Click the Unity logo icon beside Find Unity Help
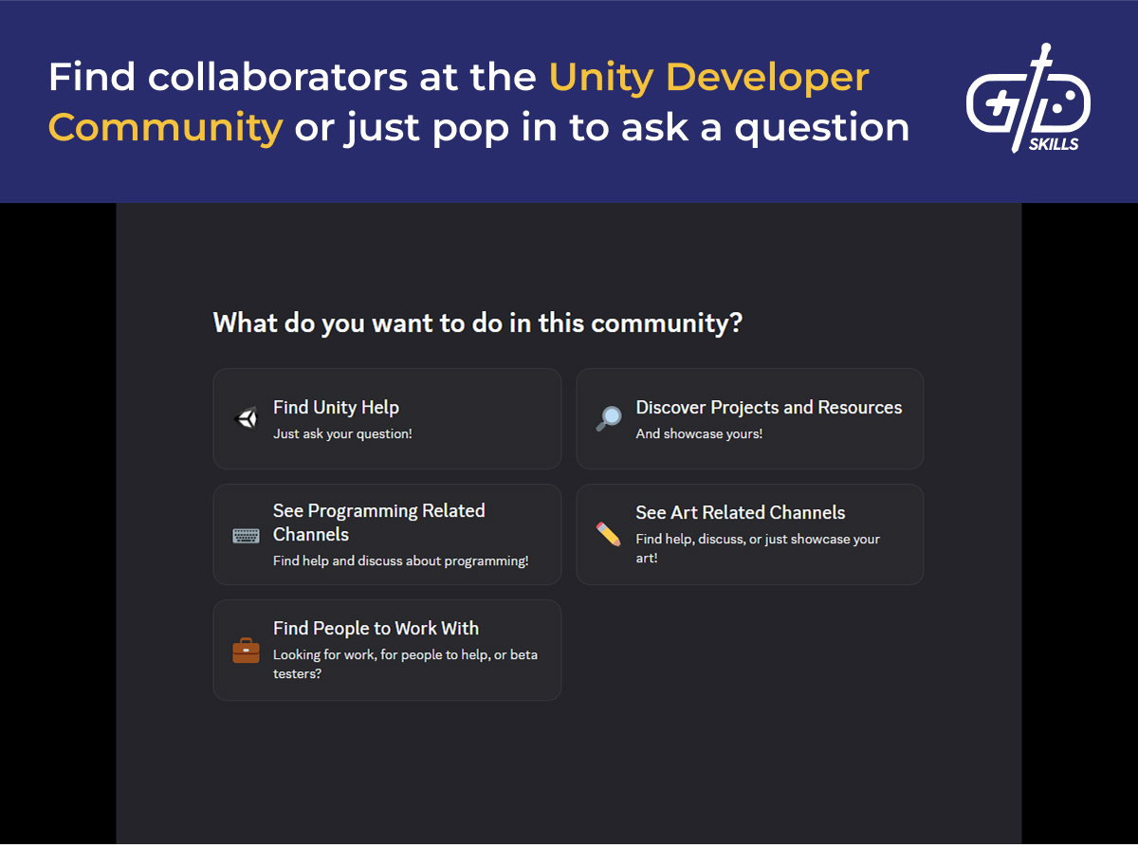click(x=247, y=418)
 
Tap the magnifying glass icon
click(x=609, y=418)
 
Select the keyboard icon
click(x=247, y=535)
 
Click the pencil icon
click(x=609, y=534)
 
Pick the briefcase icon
click(x=247, y=651)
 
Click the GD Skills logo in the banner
click(x=1028, y=100)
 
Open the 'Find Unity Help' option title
click(x=336, y=408)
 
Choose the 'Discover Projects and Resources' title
click(x=768, y=408)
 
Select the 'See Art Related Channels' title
click(x=740, y=513)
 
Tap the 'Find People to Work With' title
click(x=376, y=629)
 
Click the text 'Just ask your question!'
click(x=342, y=434)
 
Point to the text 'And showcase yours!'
click(x=699, y=434)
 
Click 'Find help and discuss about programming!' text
click(x=400, y=561)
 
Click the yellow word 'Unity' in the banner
click(x=600, y=78)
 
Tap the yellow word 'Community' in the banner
click(x=166, y=127)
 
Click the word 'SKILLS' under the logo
click(x=1054, y=145)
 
